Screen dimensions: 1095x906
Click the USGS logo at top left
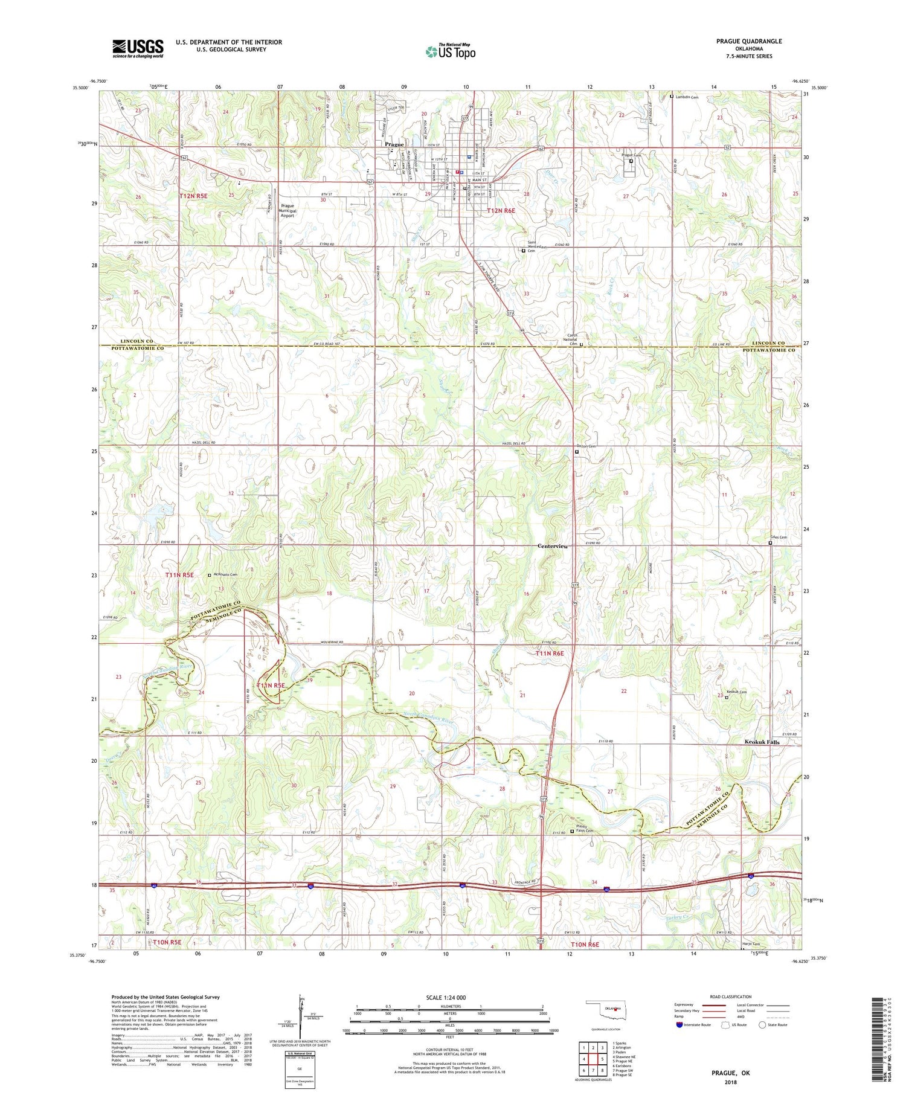138,48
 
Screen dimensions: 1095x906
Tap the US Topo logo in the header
450,51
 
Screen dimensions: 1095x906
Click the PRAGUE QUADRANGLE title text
749,41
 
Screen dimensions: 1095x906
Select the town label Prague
394,145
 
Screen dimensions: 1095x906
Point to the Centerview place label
553,546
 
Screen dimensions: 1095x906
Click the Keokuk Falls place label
762,742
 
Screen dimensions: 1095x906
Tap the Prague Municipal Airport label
288,210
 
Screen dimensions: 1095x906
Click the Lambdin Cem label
687,97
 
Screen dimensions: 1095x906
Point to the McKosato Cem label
225,575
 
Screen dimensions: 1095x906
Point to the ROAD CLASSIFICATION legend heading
731,997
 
